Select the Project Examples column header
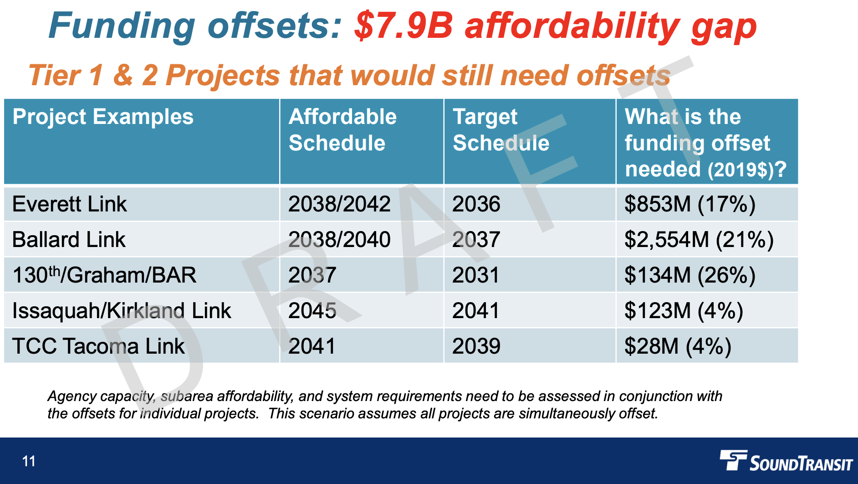point(103,117)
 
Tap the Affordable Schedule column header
point(342,130)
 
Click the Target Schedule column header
point(500,130)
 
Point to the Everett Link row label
point(69,204)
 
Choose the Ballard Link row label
point(69,240)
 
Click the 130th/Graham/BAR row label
point(104,275)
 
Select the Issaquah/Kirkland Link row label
point(122,310)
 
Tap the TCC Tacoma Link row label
point(98,346)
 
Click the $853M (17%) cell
point(689,204)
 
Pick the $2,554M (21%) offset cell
point(699,240)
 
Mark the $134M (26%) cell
point(689,275)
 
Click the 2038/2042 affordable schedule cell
point(339,204)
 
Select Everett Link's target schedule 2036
point(476,204)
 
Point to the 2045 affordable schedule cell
point(312,310)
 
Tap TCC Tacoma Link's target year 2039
point(476,346)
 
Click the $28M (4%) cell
point(678,346)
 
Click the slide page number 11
point(29,461)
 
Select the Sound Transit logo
point(786,461)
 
